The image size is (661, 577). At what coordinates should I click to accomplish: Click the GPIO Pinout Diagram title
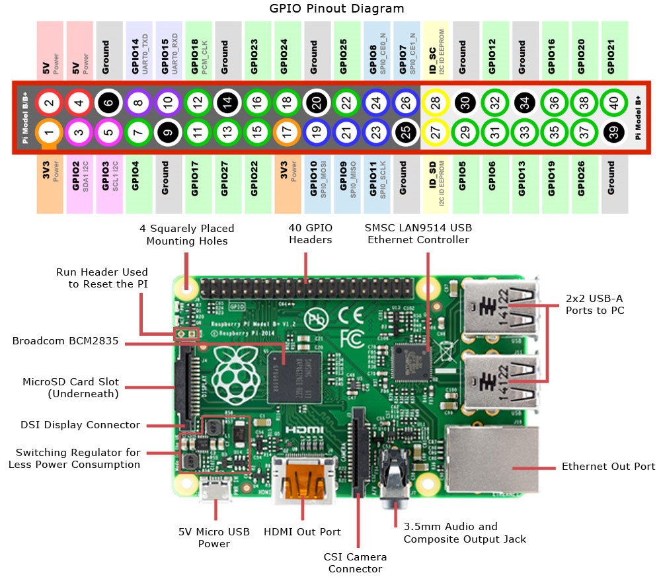click(337, 9)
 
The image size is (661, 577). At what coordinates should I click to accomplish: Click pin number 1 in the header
click(49, 134)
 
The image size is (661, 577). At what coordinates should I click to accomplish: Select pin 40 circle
click(615, 102)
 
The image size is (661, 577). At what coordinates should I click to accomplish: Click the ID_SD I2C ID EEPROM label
click(436, 185)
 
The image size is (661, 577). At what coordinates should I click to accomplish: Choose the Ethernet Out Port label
click(608, 467)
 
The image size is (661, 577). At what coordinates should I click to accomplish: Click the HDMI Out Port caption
click(302, 531)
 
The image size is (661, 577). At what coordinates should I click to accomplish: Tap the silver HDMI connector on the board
click(303, 475)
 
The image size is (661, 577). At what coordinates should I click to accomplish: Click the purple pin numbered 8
click(138, 102)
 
